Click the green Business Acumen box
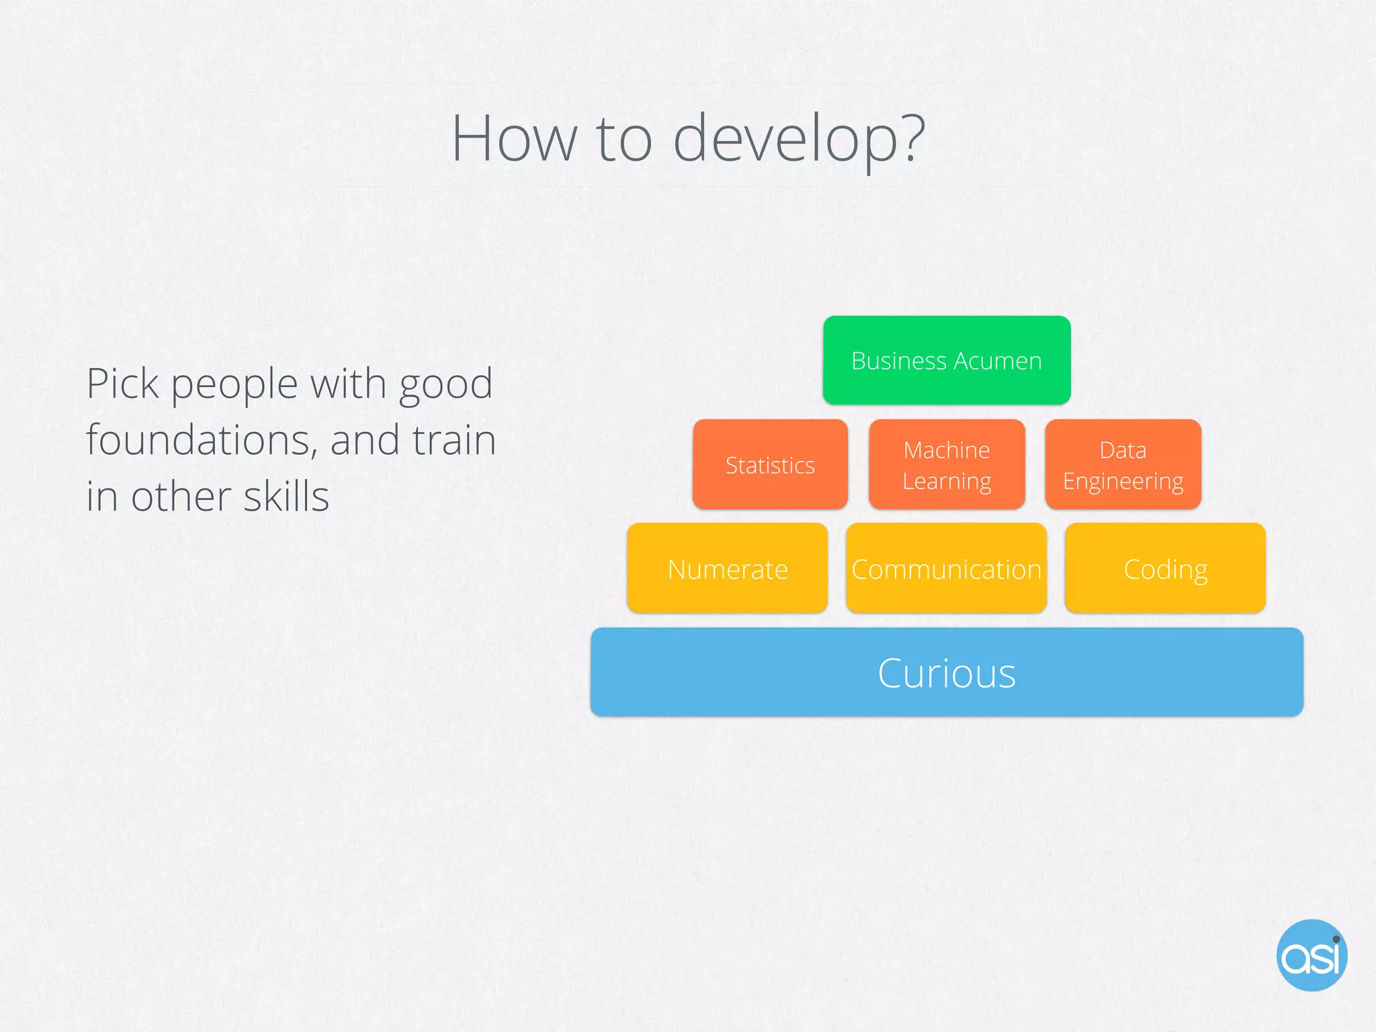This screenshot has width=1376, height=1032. click(x=946, y=360)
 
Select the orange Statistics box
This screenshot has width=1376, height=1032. click(x=770, y=465)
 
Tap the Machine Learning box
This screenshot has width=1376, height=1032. click(x=946, y=465)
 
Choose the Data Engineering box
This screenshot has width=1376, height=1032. click(x=1123, y=465)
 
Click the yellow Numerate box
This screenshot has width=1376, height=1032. click(x=727, y=568)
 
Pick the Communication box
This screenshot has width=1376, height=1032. click(x=946, y=568)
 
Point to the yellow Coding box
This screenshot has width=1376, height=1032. click(x=1165, y=568)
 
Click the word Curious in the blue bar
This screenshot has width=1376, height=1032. click(x=946, y=673)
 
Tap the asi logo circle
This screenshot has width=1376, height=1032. click(x=1311, y=955)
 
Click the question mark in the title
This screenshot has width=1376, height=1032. click(x=912, y=138)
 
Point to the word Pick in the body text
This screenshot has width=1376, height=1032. click(x=122, y=384)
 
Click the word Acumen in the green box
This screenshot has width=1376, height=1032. click(x=998, y=361)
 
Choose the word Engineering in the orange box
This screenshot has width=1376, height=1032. click(x=1123, y=482)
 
